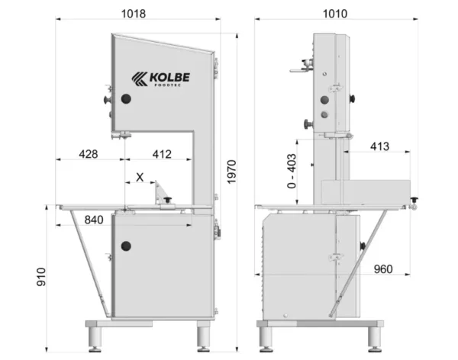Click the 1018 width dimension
[133, 14]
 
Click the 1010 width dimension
[335, 14]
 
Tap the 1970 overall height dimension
[231, 172]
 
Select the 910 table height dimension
[41, 277]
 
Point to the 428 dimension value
[89, 154]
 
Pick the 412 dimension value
[162, 154]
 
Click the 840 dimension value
[94, 220]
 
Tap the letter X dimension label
[140, 177]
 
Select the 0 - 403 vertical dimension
[292, 171]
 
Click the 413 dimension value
[379, 146]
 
